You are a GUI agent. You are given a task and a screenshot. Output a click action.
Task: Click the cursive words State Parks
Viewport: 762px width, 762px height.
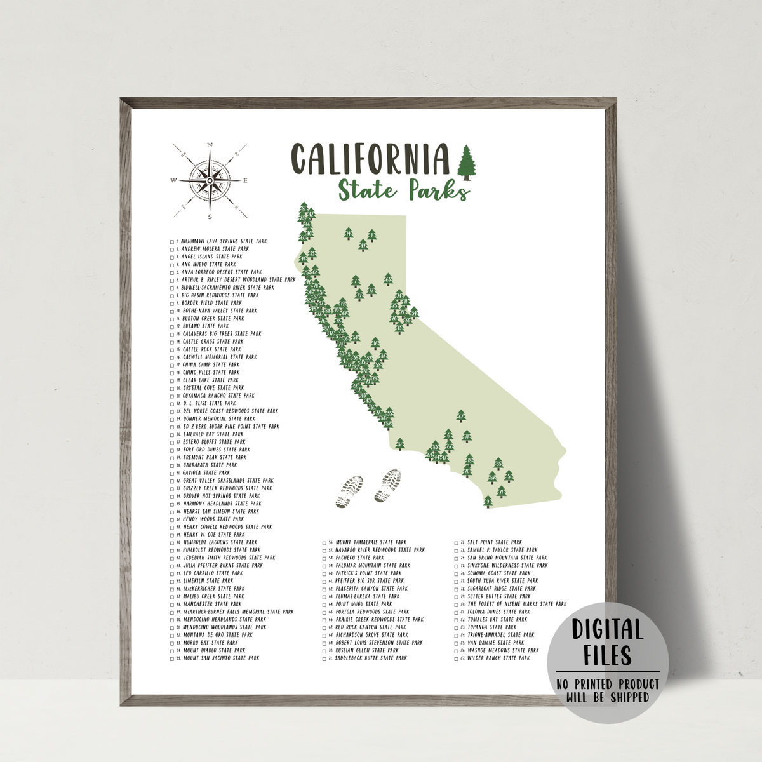tap(404, 190)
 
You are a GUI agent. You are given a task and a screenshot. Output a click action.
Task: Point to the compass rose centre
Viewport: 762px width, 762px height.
tap(209, 180)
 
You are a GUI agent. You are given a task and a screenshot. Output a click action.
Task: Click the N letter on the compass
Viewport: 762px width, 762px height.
tap(210, 145)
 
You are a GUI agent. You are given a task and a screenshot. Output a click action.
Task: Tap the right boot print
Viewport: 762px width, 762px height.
tap(388, 487)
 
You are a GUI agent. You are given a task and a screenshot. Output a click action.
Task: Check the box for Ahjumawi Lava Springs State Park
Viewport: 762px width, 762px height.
tap(172, 242)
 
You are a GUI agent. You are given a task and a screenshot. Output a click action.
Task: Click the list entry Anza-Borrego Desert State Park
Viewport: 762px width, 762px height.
tap(221, 272)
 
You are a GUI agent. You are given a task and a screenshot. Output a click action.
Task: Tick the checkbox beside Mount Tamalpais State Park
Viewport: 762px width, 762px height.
tap(324, 543)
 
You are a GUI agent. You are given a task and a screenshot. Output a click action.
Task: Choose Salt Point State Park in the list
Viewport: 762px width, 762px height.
tap(495, 543)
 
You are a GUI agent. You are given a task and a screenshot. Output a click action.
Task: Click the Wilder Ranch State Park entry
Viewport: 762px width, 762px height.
tap(498, 658)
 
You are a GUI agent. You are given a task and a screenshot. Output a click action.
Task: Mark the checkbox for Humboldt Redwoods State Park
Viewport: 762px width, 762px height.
tap(172, 551)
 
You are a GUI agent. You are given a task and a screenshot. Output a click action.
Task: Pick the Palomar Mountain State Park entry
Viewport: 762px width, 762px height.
tap(373, 566)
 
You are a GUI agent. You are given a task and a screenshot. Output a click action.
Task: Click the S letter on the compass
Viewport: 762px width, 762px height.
tap(210, 217)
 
